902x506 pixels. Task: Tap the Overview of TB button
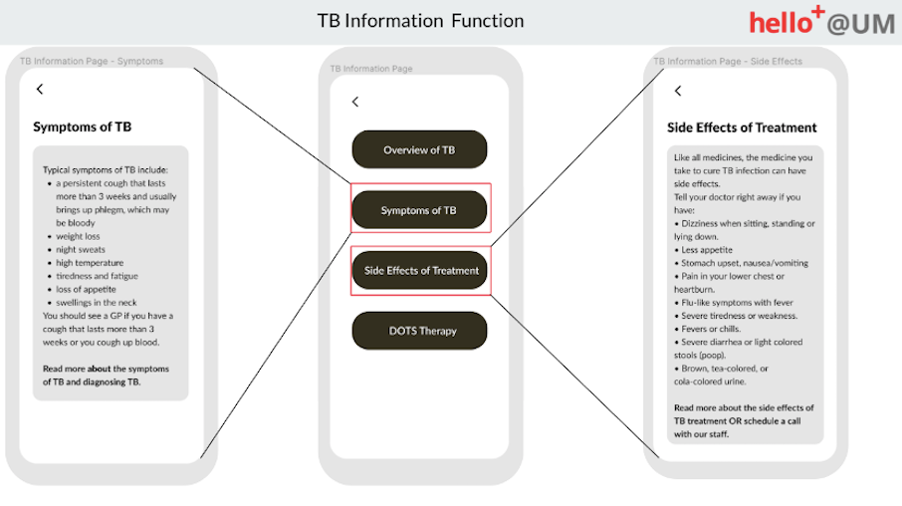click(419, 150)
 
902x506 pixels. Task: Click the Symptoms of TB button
click(419, 210)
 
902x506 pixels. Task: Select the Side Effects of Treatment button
click(419, 270)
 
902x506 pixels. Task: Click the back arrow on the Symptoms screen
click(40, 89)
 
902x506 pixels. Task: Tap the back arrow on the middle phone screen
click(355, 102)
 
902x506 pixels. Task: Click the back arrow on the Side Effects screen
click(678, 91)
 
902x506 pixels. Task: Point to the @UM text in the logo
click(861, 24)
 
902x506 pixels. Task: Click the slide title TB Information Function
click(421, 21)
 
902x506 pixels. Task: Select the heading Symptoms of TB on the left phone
click(82, 126)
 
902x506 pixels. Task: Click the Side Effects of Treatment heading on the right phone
click(742, 128)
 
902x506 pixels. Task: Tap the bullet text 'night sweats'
click(81, 250)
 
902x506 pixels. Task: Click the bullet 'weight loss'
click(78, 236)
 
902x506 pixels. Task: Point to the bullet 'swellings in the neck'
click(96, 302)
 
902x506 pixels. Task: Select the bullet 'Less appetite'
click(707, 250)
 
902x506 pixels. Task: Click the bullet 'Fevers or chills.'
click(711, 329)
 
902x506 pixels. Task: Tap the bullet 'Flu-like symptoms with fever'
click(737, 302)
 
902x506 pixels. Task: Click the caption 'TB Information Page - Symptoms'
click(91, 61)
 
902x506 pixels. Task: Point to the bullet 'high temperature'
click(90, 263)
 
